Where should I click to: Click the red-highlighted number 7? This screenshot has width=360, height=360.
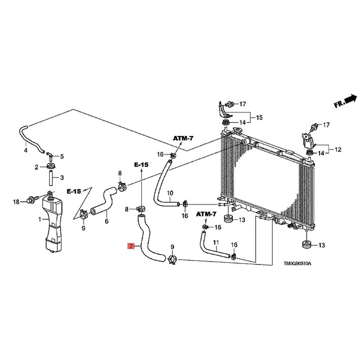coord(130,246)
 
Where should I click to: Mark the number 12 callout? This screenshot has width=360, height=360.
coord(338,148)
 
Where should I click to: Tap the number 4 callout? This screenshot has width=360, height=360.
coord(25,150)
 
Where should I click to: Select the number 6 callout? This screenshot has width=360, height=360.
coord(107,221)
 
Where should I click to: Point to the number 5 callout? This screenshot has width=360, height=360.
coord(62,157)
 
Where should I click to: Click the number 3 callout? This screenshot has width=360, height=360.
coord(62,177)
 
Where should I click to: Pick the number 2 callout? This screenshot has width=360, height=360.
coord(37,167)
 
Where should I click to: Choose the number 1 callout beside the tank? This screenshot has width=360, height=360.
coord(40,220)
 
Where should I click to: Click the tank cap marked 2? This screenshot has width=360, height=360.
coord(50,167)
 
